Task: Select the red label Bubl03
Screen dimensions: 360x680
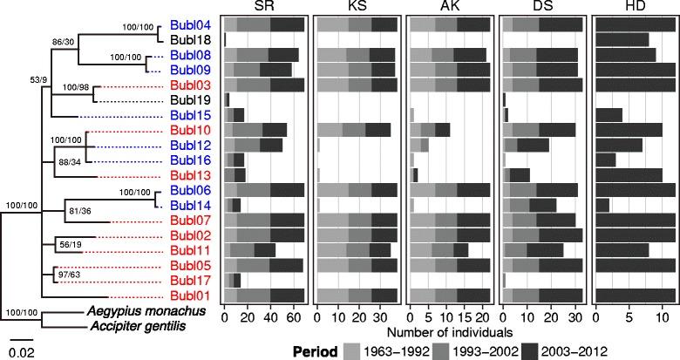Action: click(193, 85)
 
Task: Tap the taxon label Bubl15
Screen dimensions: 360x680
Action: click(193, 115)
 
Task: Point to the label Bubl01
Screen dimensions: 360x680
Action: click(193, 295)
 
